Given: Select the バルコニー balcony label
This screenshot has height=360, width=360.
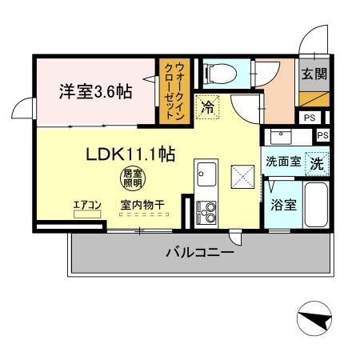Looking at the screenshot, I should point(200,254).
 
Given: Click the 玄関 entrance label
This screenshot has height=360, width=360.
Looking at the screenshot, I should point(312,74).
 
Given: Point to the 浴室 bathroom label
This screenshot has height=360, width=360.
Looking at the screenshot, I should point(283,205).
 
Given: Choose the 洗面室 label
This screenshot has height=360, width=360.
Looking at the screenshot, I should point(283,162).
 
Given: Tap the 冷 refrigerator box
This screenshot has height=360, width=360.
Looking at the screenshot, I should point(207,106).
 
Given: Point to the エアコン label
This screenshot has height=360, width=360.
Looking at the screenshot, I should point(87,206).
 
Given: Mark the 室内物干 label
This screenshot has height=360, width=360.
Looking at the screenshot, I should point(142,206).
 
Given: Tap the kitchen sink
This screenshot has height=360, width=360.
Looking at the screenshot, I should point(206,173).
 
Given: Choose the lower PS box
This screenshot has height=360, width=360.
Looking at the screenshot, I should point(323,135).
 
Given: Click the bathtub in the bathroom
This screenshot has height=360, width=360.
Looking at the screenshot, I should point(316,205).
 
